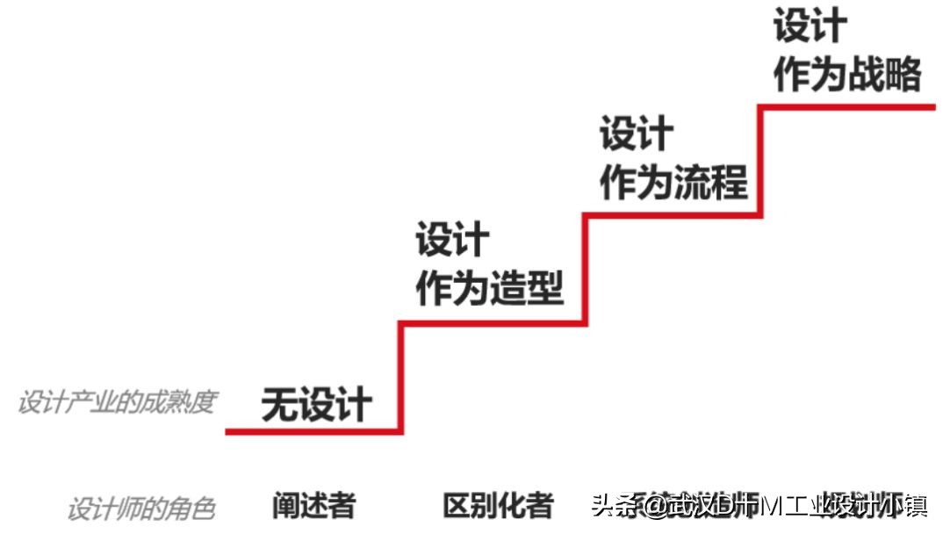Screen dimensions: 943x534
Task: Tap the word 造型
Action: click(x=527, y=288)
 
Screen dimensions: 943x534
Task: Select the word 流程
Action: click(x=711, y=182)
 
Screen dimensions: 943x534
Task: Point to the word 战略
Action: click(x=885, y=74)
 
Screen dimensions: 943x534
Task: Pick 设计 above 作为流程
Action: click(x=637, y=134)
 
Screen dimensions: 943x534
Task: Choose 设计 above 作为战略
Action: click(x=810, y=26)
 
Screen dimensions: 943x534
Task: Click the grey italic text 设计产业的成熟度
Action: click(x=116, y=402)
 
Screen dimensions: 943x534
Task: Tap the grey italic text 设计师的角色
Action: click(x=140, y=509)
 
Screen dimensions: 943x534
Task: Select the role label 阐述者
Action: click(x=313, y=505)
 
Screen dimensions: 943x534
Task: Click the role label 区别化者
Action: click(x=498, y=505)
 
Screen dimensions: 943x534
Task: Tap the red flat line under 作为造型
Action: click(x=492, y=323)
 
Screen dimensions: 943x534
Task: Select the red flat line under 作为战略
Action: click(x=847, y=107)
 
